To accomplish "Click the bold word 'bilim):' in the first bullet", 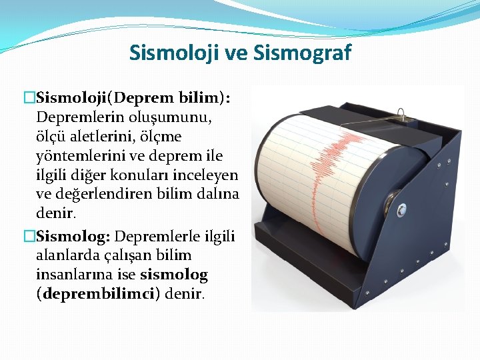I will pos(204,98).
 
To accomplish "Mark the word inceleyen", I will pos(210,175).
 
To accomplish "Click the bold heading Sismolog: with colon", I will pos(74,236).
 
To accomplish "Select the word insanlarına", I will pos(73,275).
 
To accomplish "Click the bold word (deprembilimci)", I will pos(98,294).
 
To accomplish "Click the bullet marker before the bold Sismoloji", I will pos(28,98).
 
